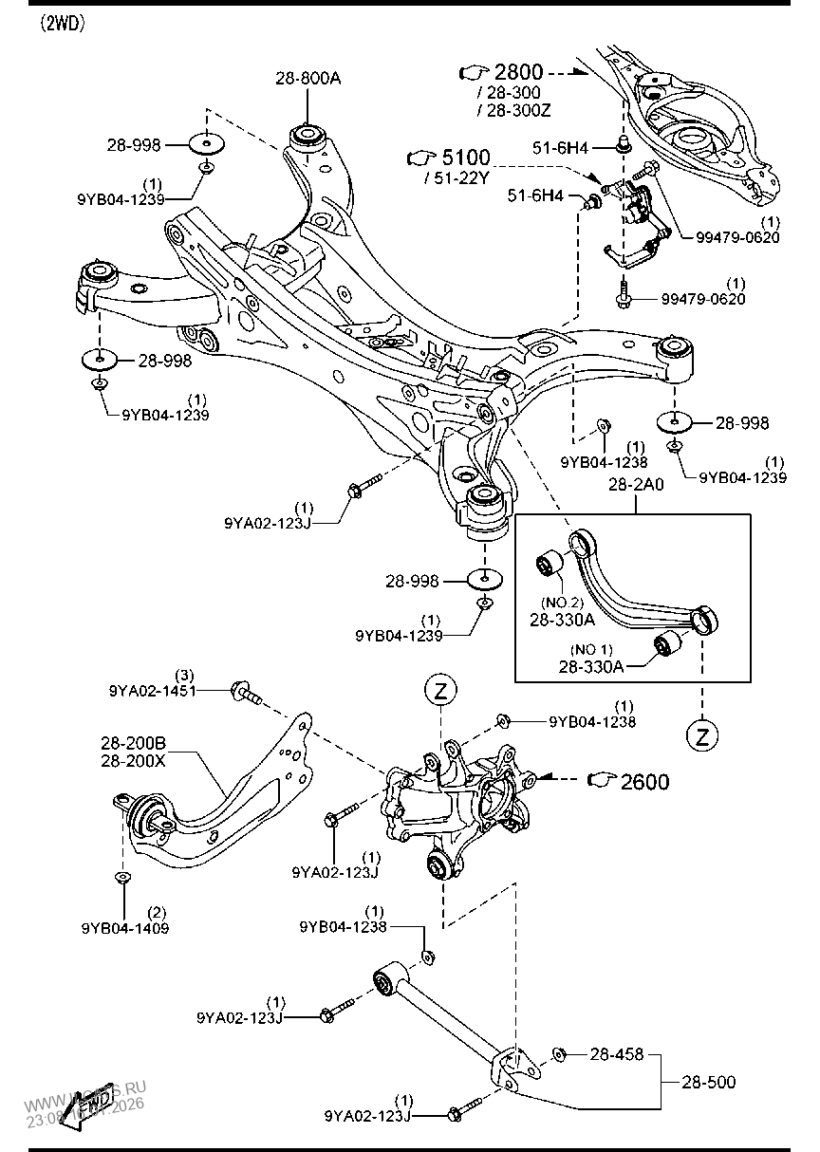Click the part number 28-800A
[307, 80]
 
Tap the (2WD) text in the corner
[63, 25]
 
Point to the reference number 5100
[465, 158]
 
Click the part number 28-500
[709, 1081]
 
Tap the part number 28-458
[618, 1053]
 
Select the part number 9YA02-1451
[153, 690]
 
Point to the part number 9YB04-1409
[125, 927]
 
